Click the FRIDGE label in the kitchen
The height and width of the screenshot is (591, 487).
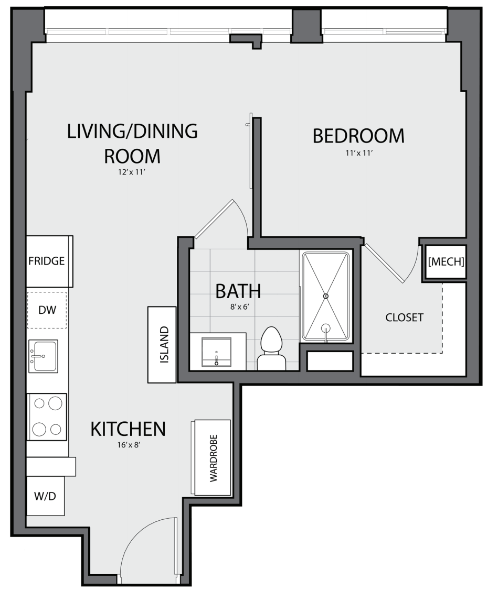[x=46, y=261]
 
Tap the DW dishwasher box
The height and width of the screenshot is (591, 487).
[x=47, y=310]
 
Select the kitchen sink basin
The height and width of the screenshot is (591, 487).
[x=43, y=356]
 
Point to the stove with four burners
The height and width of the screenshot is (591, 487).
[x=47, y=417]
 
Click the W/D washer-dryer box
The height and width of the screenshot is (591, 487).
[x=45, y=496]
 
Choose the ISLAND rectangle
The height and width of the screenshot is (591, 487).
[x=162, y=345]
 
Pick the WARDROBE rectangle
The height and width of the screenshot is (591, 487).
[x=212, y=457]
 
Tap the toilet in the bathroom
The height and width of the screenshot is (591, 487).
[x=271, y=348]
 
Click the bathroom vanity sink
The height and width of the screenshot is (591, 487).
[x=216, y=352]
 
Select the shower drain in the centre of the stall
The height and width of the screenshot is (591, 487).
[x=326, y=296]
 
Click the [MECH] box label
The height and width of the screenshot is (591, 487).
[x=446, y=261]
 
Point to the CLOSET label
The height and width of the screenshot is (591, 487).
[x=404, y=318]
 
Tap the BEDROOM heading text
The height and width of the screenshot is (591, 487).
[x=358, y=136]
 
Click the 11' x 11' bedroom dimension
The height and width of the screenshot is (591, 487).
[x=359, y=153]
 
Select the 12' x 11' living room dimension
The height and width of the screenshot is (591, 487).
[x=132, y=172]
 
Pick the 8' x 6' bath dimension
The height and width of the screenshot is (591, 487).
[x=240, y=307]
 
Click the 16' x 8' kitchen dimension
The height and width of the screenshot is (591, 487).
[x=129, y=445]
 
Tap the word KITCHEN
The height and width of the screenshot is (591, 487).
[x=129, y=429]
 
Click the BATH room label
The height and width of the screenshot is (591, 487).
[x=238, y=291]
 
